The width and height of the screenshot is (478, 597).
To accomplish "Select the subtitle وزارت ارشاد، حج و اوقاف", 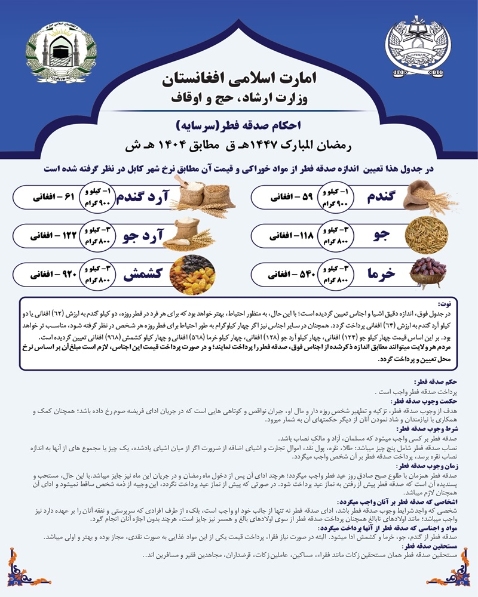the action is coord(240,97).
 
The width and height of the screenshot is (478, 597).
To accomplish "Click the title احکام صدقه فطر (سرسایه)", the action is coord(239,126).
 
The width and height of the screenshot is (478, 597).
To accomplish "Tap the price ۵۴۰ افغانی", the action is coord(289,274).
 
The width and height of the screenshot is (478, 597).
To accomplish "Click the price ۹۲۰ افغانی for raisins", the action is coord(51,274).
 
